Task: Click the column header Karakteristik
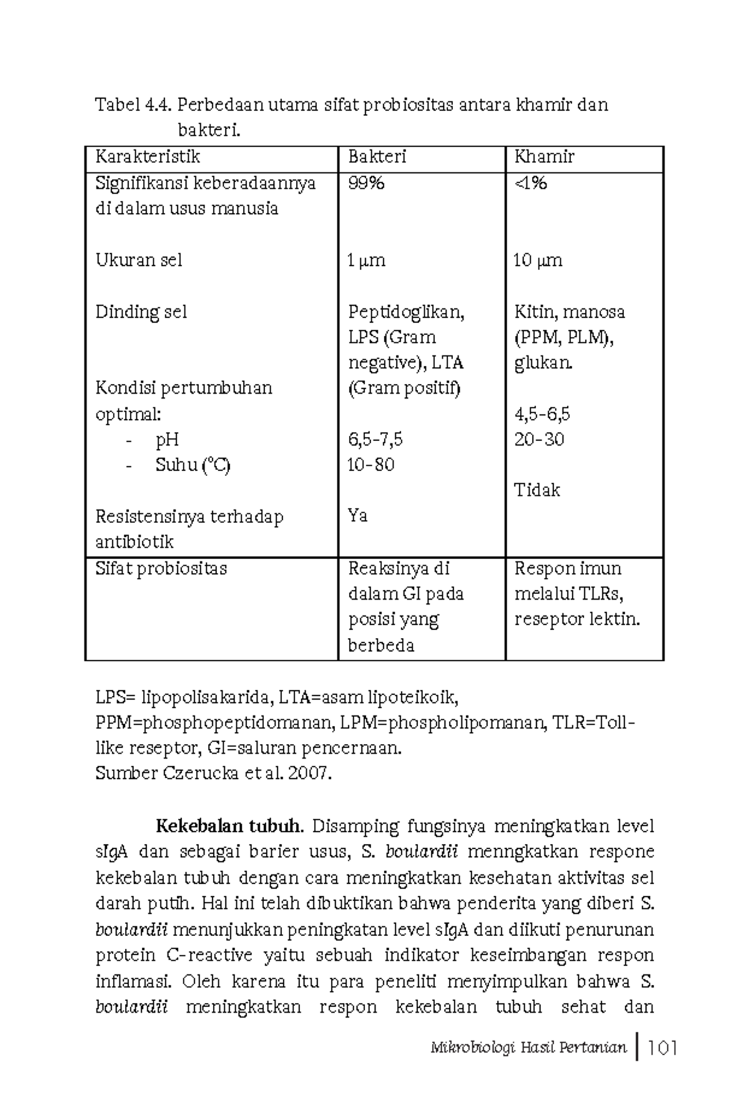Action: pyautogui.click(x=147, y=157)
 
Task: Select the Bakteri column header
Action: pyautogui.click(x=377, y=157)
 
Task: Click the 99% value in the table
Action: pyautogui.click(x=366, y=183)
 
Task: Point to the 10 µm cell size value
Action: pyautogui.click(x=537, y=260)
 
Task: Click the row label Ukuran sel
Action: pyautogui.click(x=139, y=260)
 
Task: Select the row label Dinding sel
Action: pyautogui.click(x=141, y=312)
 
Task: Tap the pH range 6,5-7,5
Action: pyautogui.click(x=375, y=439)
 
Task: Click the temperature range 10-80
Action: pyautogui.click(x=371, y=465)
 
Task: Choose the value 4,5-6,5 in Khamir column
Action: pyautogui.click(x=542, y=414)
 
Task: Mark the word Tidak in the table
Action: pyautogui.click(x=537, y=491)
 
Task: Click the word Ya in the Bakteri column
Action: pyautogui.click(x=358, y=516)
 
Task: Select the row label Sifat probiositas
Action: pyautogui.click(x=161, y=569)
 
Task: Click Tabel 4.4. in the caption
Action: pyautogui.click(x=133, y=105)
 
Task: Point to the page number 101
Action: pyautogui.click(x=663, y=1048)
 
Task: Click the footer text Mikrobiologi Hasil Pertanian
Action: pyautogui.click(x=528, y=1048)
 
